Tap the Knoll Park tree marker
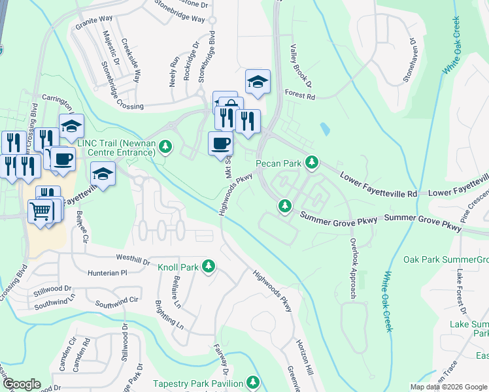click(209, 266)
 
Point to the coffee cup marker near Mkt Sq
click(220, 144)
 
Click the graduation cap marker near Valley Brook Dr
click(258, 82)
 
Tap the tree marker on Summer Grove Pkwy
click(284, 206)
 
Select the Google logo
click(22, 384)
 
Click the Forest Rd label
click(300, 96)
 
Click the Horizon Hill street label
click(304, 357)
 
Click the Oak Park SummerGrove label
click(446, 259)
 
